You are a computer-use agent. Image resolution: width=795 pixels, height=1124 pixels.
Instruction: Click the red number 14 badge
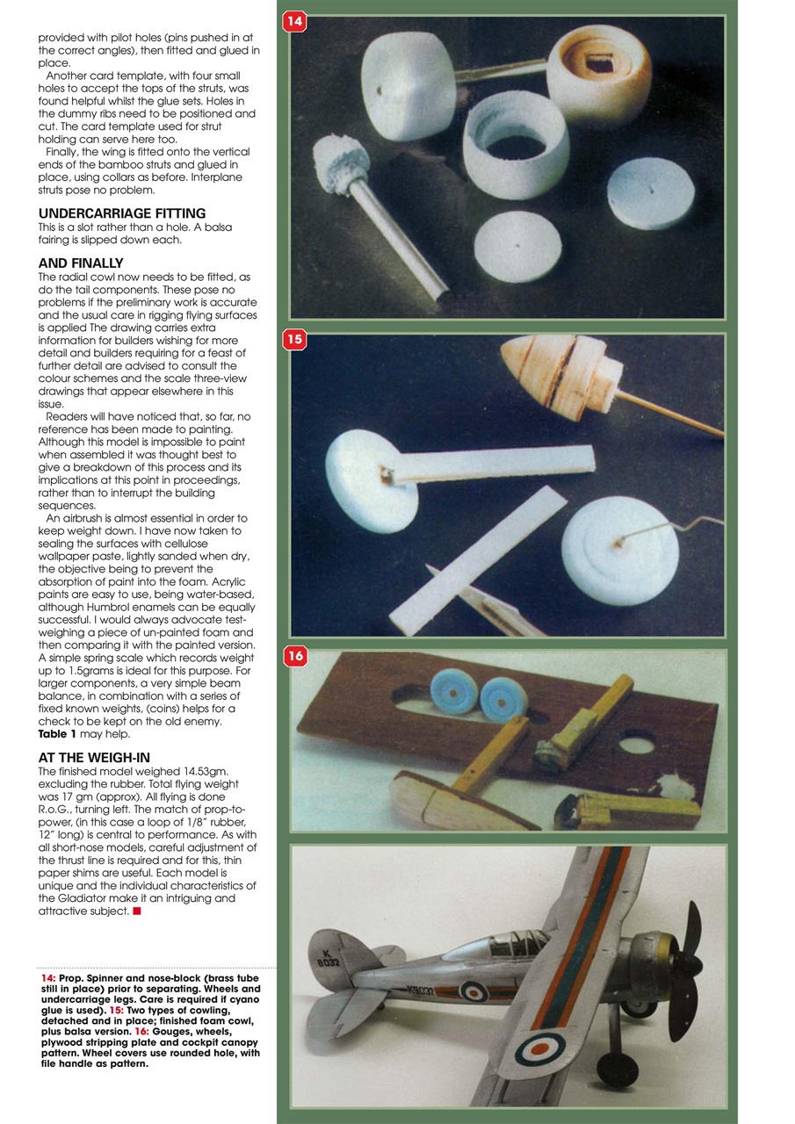[x=294, y=21]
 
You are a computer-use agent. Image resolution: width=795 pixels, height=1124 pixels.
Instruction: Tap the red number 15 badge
[x=294, y=339]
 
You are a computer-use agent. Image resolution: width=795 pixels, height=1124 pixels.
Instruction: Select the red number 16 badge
[x=294, y=655]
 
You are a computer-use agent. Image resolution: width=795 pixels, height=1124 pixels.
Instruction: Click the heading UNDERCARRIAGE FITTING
[x=122, y=213]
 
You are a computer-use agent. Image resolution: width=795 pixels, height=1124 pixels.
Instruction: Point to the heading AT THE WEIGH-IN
[x=96, y=757]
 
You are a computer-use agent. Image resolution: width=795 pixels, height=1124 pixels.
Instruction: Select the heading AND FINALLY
[x=81, y=263]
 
